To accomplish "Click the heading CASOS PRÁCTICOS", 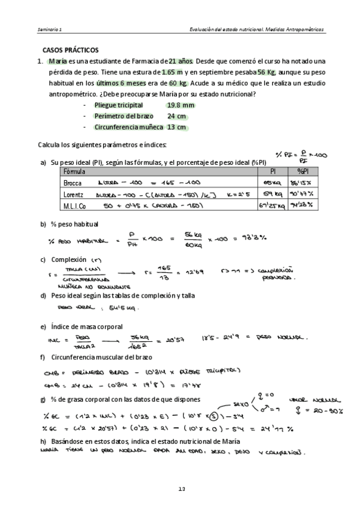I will click(70, 50).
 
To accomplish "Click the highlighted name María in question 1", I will click(58, 61).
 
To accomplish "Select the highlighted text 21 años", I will click(181, 61).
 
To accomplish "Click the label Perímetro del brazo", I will click(123, 116).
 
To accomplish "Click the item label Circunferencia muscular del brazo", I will click(99, 357).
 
